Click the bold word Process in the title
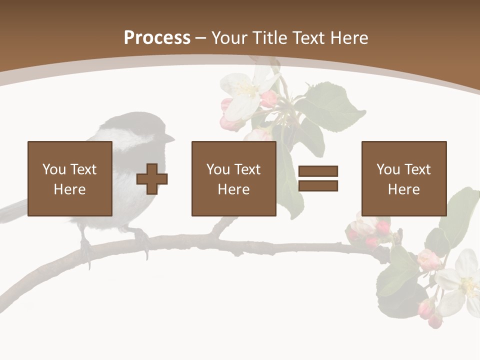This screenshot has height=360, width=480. [x=157, y=37]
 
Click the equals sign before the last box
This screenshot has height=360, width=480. [x=318, y=178]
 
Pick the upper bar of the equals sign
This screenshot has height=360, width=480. [x=318, y=171]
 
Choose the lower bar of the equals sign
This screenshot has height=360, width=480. [x=318, y=186]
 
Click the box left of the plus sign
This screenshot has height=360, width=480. [x=69, y=178]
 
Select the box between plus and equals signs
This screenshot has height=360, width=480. [x=233, y=178]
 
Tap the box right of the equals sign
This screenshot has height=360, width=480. [x=403, y=178]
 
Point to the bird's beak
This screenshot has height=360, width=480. [x=170, y=137]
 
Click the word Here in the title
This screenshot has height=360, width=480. [x=350, y=38]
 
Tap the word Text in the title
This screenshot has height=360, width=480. [x=310, y=38]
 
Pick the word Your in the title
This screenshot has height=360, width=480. [x=228, y=38]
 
